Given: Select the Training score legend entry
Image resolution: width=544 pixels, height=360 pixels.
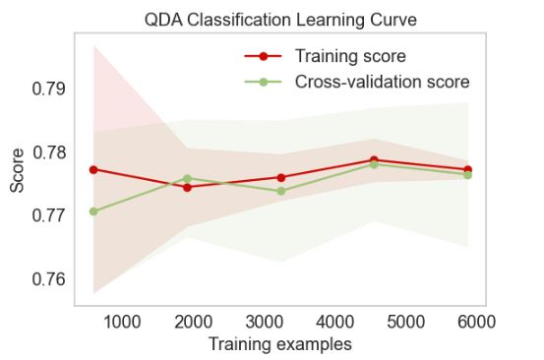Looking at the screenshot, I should pyautogui.click(x=349, y=56).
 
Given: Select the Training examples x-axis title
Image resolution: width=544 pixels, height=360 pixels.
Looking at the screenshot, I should pyautogui.click(x=280, y=344).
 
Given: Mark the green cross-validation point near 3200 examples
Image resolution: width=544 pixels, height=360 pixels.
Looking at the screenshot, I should pyautogui.click(x=281, y=191).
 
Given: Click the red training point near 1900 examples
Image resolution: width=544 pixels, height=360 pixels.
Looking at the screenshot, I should pyautogui.click(x=187, y=187).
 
